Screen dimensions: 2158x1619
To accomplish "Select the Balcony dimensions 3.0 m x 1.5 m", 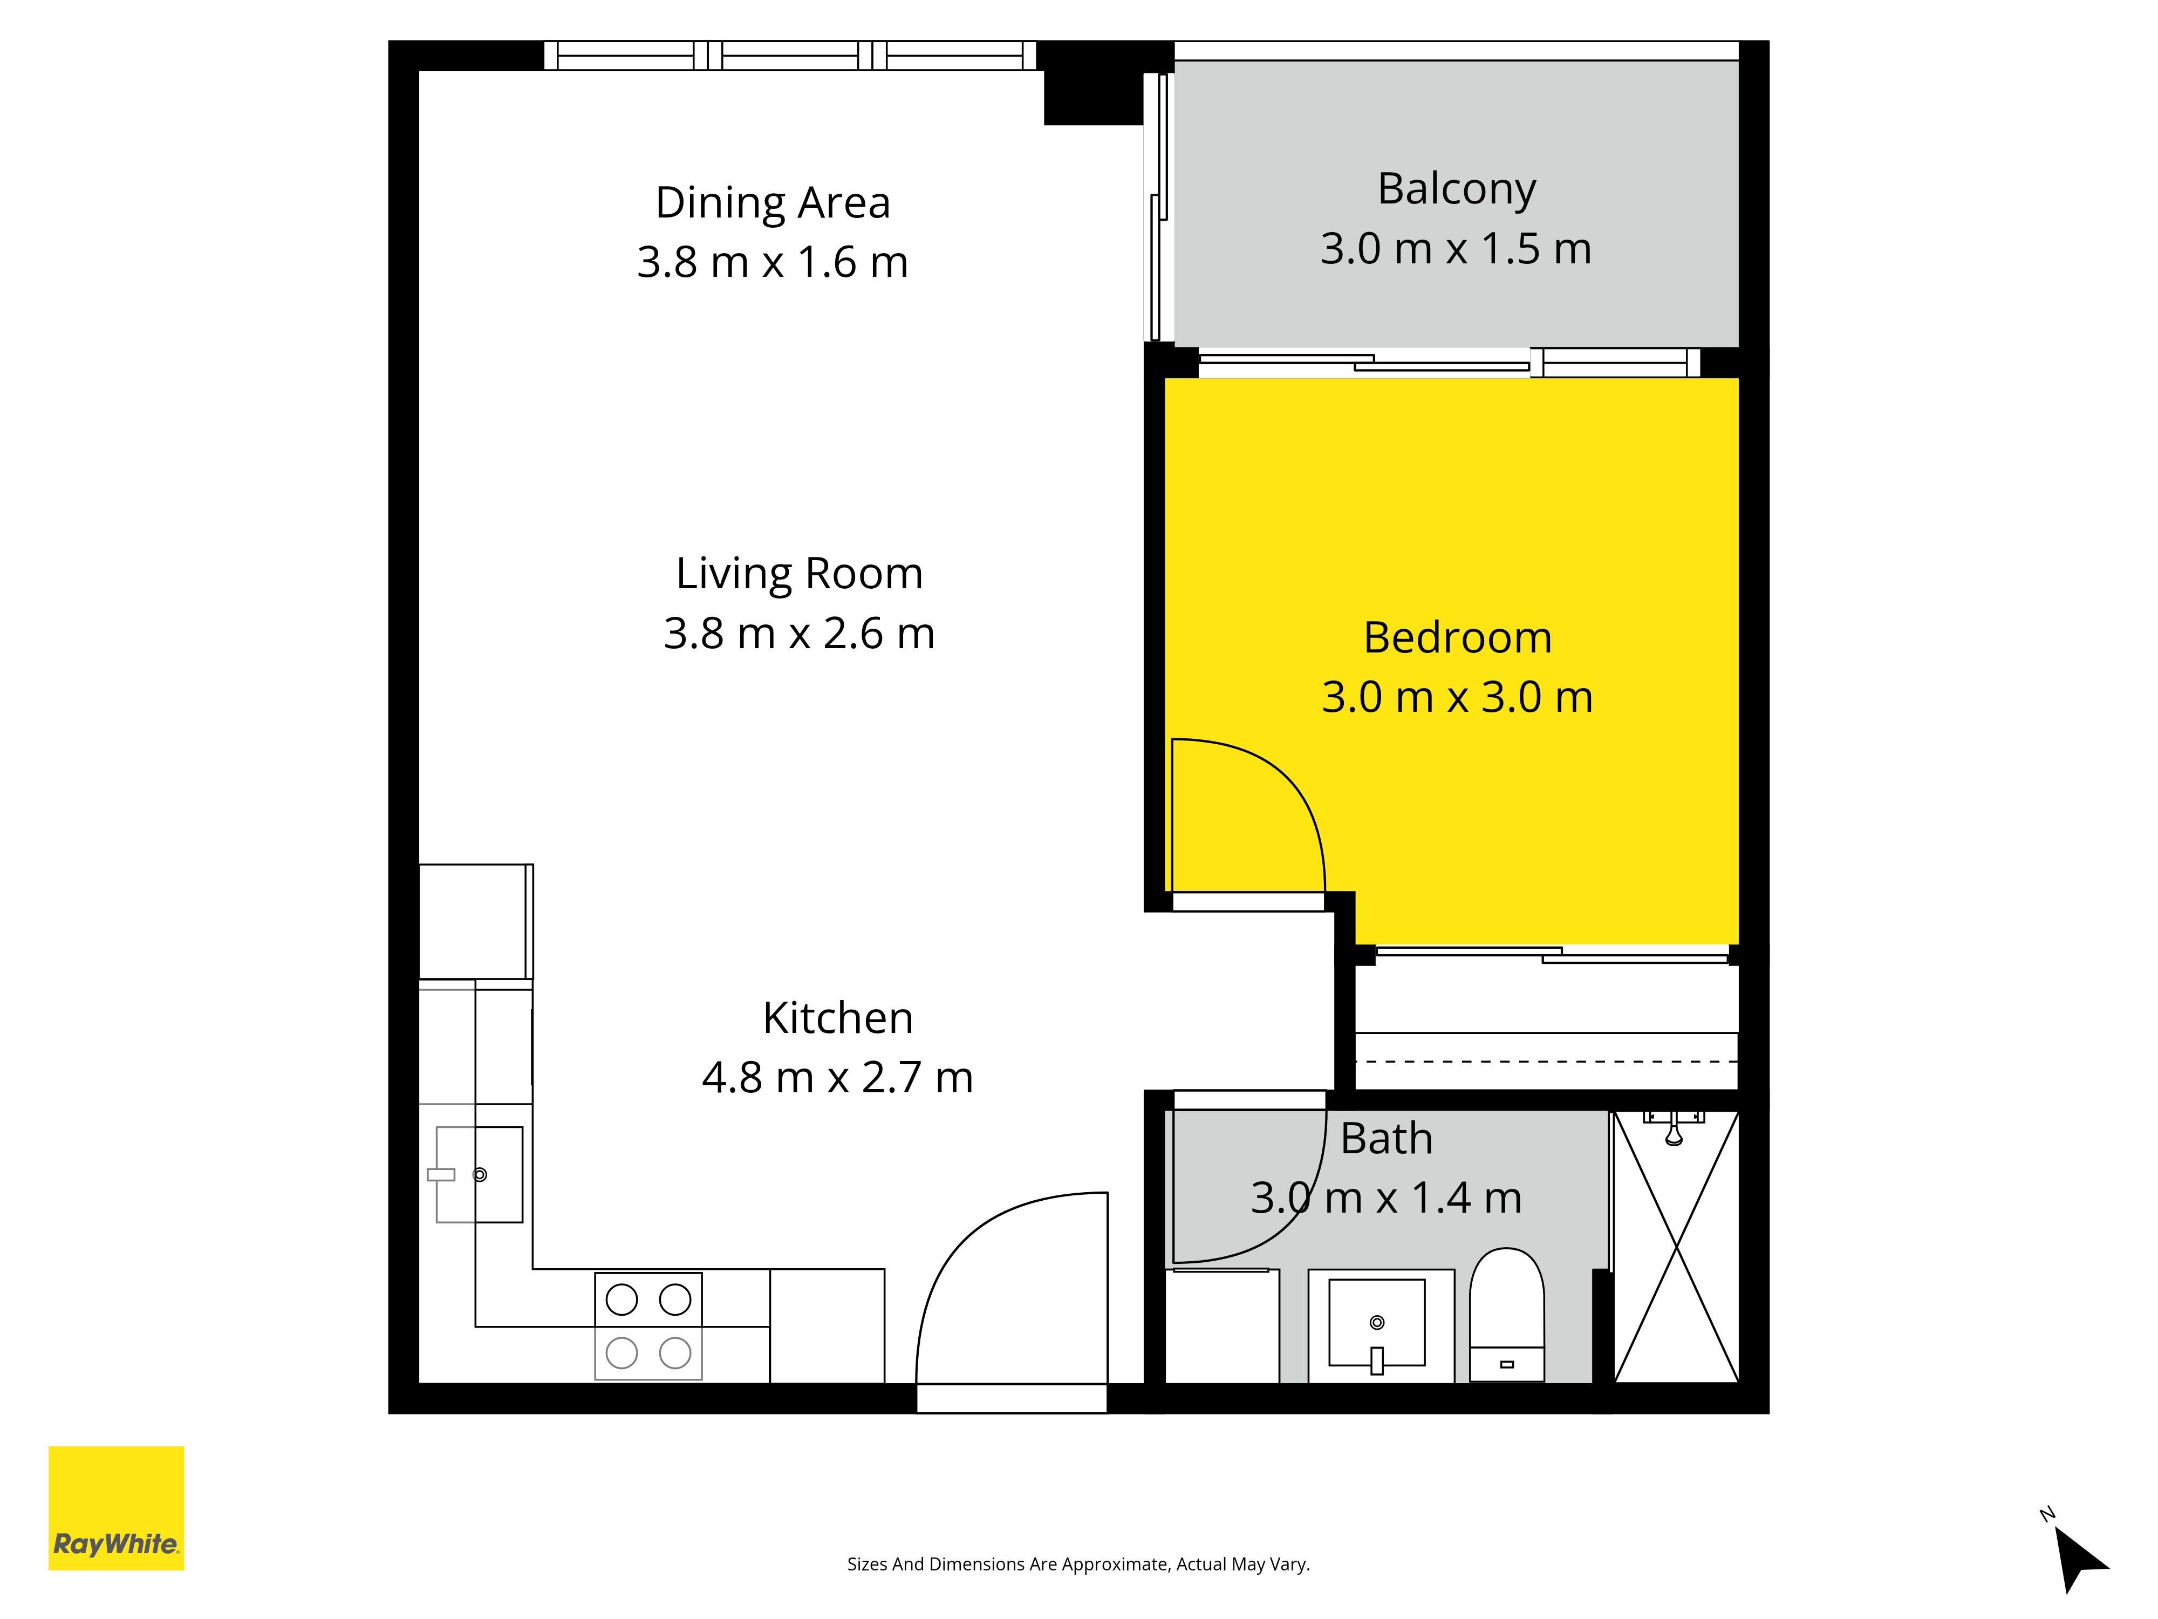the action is [1456, 249].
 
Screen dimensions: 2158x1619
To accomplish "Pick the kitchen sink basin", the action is [479, 1175].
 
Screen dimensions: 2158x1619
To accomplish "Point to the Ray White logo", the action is [116, 1508].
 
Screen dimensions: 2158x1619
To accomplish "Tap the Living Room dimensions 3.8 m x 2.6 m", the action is [799, 634].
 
